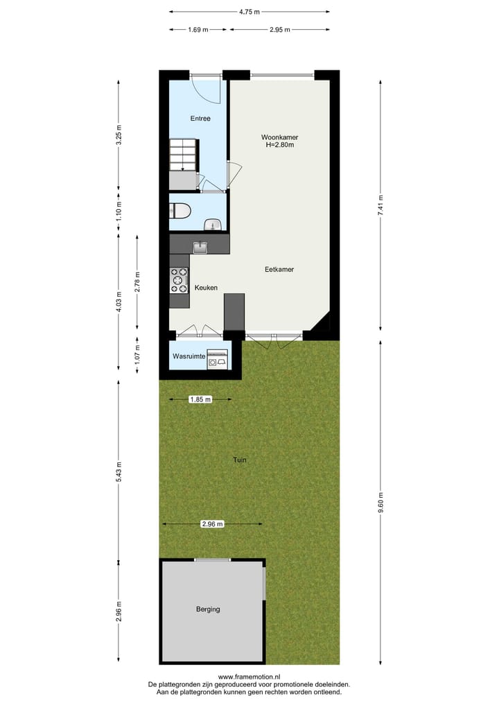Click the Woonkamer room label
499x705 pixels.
pos(280,137)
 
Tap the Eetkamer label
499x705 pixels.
pos(279,269)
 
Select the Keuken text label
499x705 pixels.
pos(207,288)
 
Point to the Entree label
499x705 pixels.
pos(200,119)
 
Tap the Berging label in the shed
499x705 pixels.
pos(208,609)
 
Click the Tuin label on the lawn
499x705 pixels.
pos(240,460)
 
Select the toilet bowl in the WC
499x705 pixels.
pos(180,210)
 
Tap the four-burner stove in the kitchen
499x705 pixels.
pos(179,280)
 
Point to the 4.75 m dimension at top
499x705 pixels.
pos(249,12)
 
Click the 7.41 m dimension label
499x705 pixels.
pos(380,205)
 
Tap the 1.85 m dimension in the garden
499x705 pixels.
pos(201,399)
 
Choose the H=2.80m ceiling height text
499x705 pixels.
pos(280,146)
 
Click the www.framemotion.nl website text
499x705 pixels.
pos(249,677)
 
